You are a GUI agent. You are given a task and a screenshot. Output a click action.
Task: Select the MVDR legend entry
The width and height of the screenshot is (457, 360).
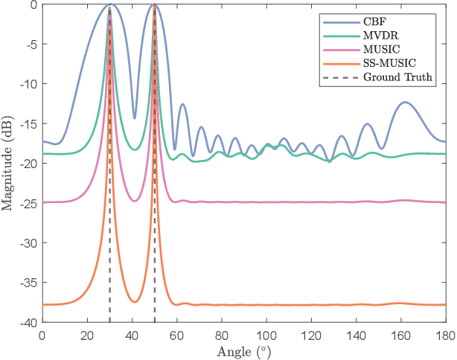[x=380, y=35]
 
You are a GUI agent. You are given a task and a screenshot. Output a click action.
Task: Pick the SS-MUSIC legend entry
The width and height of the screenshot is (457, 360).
[x=387, y=64]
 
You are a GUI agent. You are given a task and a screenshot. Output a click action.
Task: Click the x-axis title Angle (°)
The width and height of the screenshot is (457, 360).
[x=243, y=350]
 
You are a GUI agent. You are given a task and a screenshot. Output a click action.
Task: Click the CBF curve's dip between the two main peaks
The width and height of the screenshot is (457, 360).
[x=135, y=118]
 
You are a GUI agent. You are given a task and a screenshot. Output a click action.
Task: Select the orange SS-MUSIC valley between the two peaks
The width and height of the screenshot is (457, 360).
[x=135, y=301]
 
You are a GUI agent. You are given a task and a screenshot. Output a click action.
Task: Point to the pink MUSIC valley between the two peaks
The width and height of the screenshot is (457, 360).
[x=135, y=201]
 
